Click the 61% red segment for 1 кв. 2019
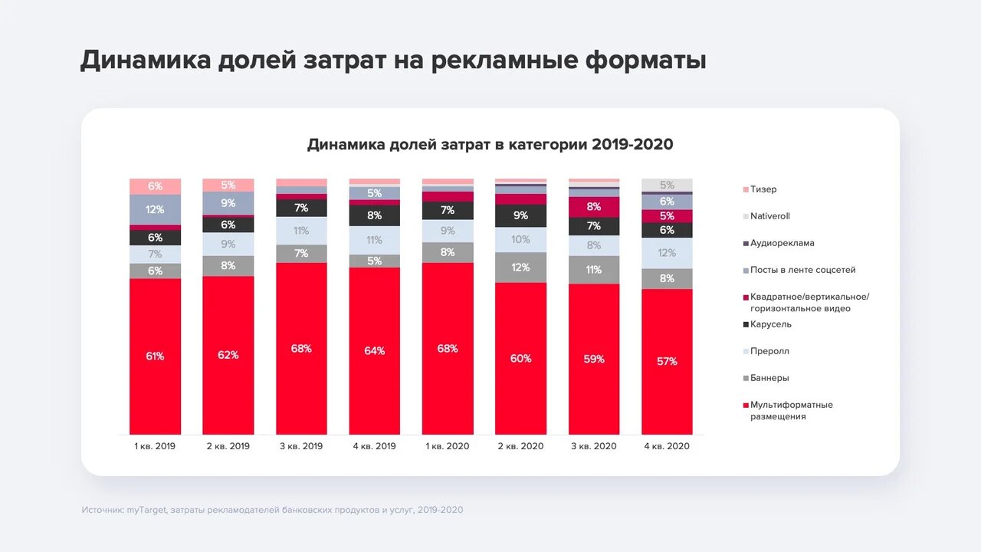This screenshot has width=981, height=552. (x=155, y=356)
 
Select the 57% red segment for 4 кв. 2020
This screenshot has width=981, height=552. (x=667, y=361)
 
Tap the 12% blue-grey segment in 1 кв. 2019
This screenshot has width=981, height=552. (x=155, y=209)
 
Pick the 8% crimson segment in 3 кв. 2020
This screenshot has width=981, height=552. (x=594, y=207)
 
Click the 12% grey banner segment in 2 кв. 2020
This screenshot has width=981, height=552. (x=520, y=268)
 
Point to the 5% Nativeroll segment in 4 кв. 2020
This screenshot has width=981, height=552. (x=667, y=185)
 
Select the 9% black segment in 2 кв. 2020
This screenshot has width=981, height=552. (x=520, y=215)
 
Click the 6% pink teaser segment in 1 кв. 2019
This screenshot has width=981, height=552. (x=155, y=186)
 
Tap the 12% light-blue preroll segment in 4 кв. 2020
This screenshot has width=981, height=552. (x=667, y=253)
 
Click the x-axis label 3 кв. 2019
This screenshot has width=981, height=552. (x=301, y=446)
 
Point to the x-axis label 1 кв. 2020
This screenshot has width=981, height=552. (x=448, y=446)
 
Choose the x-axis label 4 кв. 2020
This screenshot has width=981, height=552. (x=667, y=446)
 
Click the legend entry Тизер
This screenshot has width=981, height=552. (x=763, y=189)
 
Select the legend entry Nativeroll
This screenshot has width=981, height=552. (x=769, y=216)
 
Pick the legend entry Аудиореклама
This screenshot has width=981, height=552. (x=782, y=243)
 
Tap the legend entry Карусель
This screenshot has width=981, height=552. (x=770, y=324)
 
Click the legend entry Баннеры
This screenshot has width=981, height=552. (x=769, y=378)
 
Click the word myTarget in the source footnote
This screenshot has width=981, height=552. (x=146, y=510)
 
